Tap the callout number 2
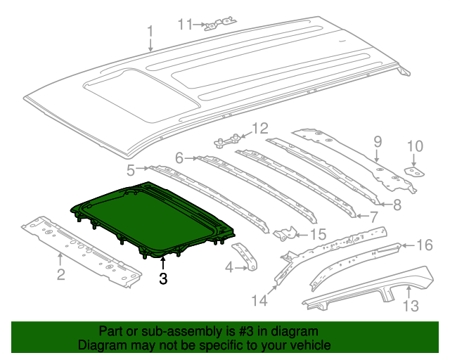60,274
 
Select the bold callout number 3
163,278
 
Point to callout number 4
229,267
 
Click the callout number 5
131,169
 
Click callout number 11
184,25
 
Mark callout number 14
261,300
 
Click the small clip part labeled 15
285,233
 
